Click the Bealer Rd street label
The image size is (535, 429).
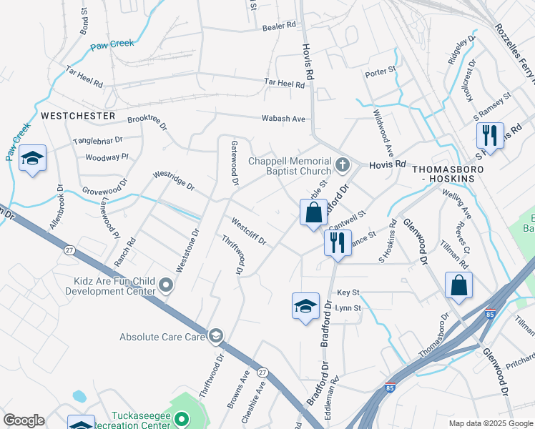click(x=278, y=25)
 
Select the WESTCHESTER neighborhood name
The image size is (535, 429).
click(x=78, y=115)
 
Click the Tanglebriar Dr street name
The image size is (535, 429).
click(x=98, y=141)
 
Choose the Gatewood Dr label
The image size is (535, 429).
click(x=234, y=163)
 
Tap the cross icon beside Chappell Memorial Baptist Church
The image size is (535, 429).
click(x=342, y=166)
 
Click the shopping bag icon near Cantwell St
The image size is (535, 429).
click(x=313, y=212)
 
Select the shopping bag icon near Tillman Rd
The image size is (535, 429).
click(x=458, y=285)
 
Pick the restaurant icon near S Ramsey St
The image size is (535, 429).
click(x=490, y=134)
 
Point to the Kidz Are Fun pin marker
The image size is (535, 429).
click(x=166, y=286)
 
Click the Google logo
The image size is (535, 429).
click(x=24, y=420)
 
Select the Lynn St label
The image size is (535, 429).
click(x=348, y=308)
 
